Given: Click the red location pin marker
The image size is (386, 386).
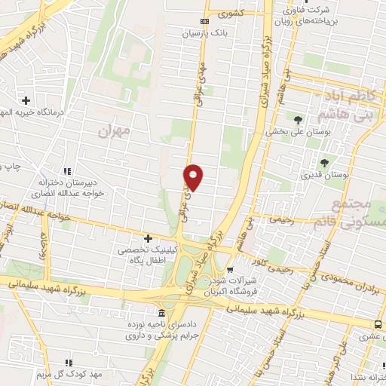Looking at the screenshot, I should point(194,176).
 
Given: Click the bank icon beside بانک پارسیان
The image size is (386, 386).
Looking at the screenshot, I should point(204,22).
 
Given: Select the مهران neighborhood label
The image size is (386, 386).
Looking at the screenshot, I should point(114,130).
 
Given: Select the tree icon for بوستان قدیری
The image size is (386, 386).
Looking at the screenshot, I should point(325,163).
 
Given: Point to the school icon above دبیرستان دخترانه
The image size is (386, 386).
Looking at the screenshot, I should point(68,171).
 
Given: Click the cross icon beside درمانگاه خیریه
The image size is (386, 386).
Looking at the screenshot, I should point(26,100).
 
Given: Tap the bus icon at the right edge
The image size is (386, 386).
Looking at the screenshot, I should point(378,323).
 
